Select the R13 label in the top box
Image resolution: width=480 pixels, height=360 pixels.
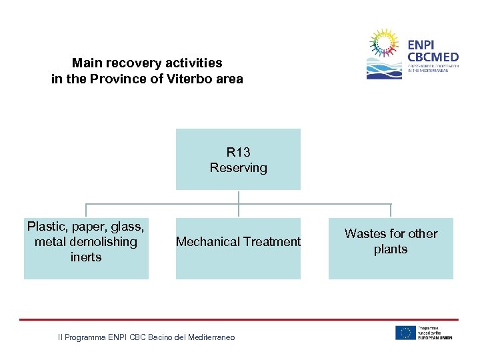coord(238,153)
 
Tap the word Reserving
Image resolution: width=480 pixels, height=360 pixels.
coord(238,168)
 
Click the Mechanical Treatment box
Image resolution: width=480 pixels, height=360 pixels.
coord(238,248)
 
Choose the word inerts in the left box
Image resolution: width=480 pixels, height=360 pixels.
coord(86,257)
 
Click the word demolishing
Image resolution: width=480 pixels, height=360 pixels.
coord(103,242)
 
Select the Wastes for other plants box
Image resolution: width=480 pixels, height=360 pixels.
coord(391,248)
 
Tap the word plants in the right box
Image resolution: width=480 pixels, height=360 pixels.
coord(391,249)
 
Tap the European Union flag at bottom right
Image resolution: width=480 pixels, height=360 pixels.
coord(405,333)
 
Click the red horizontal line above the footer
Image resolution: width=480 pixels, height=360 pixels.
coord(239,319)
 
